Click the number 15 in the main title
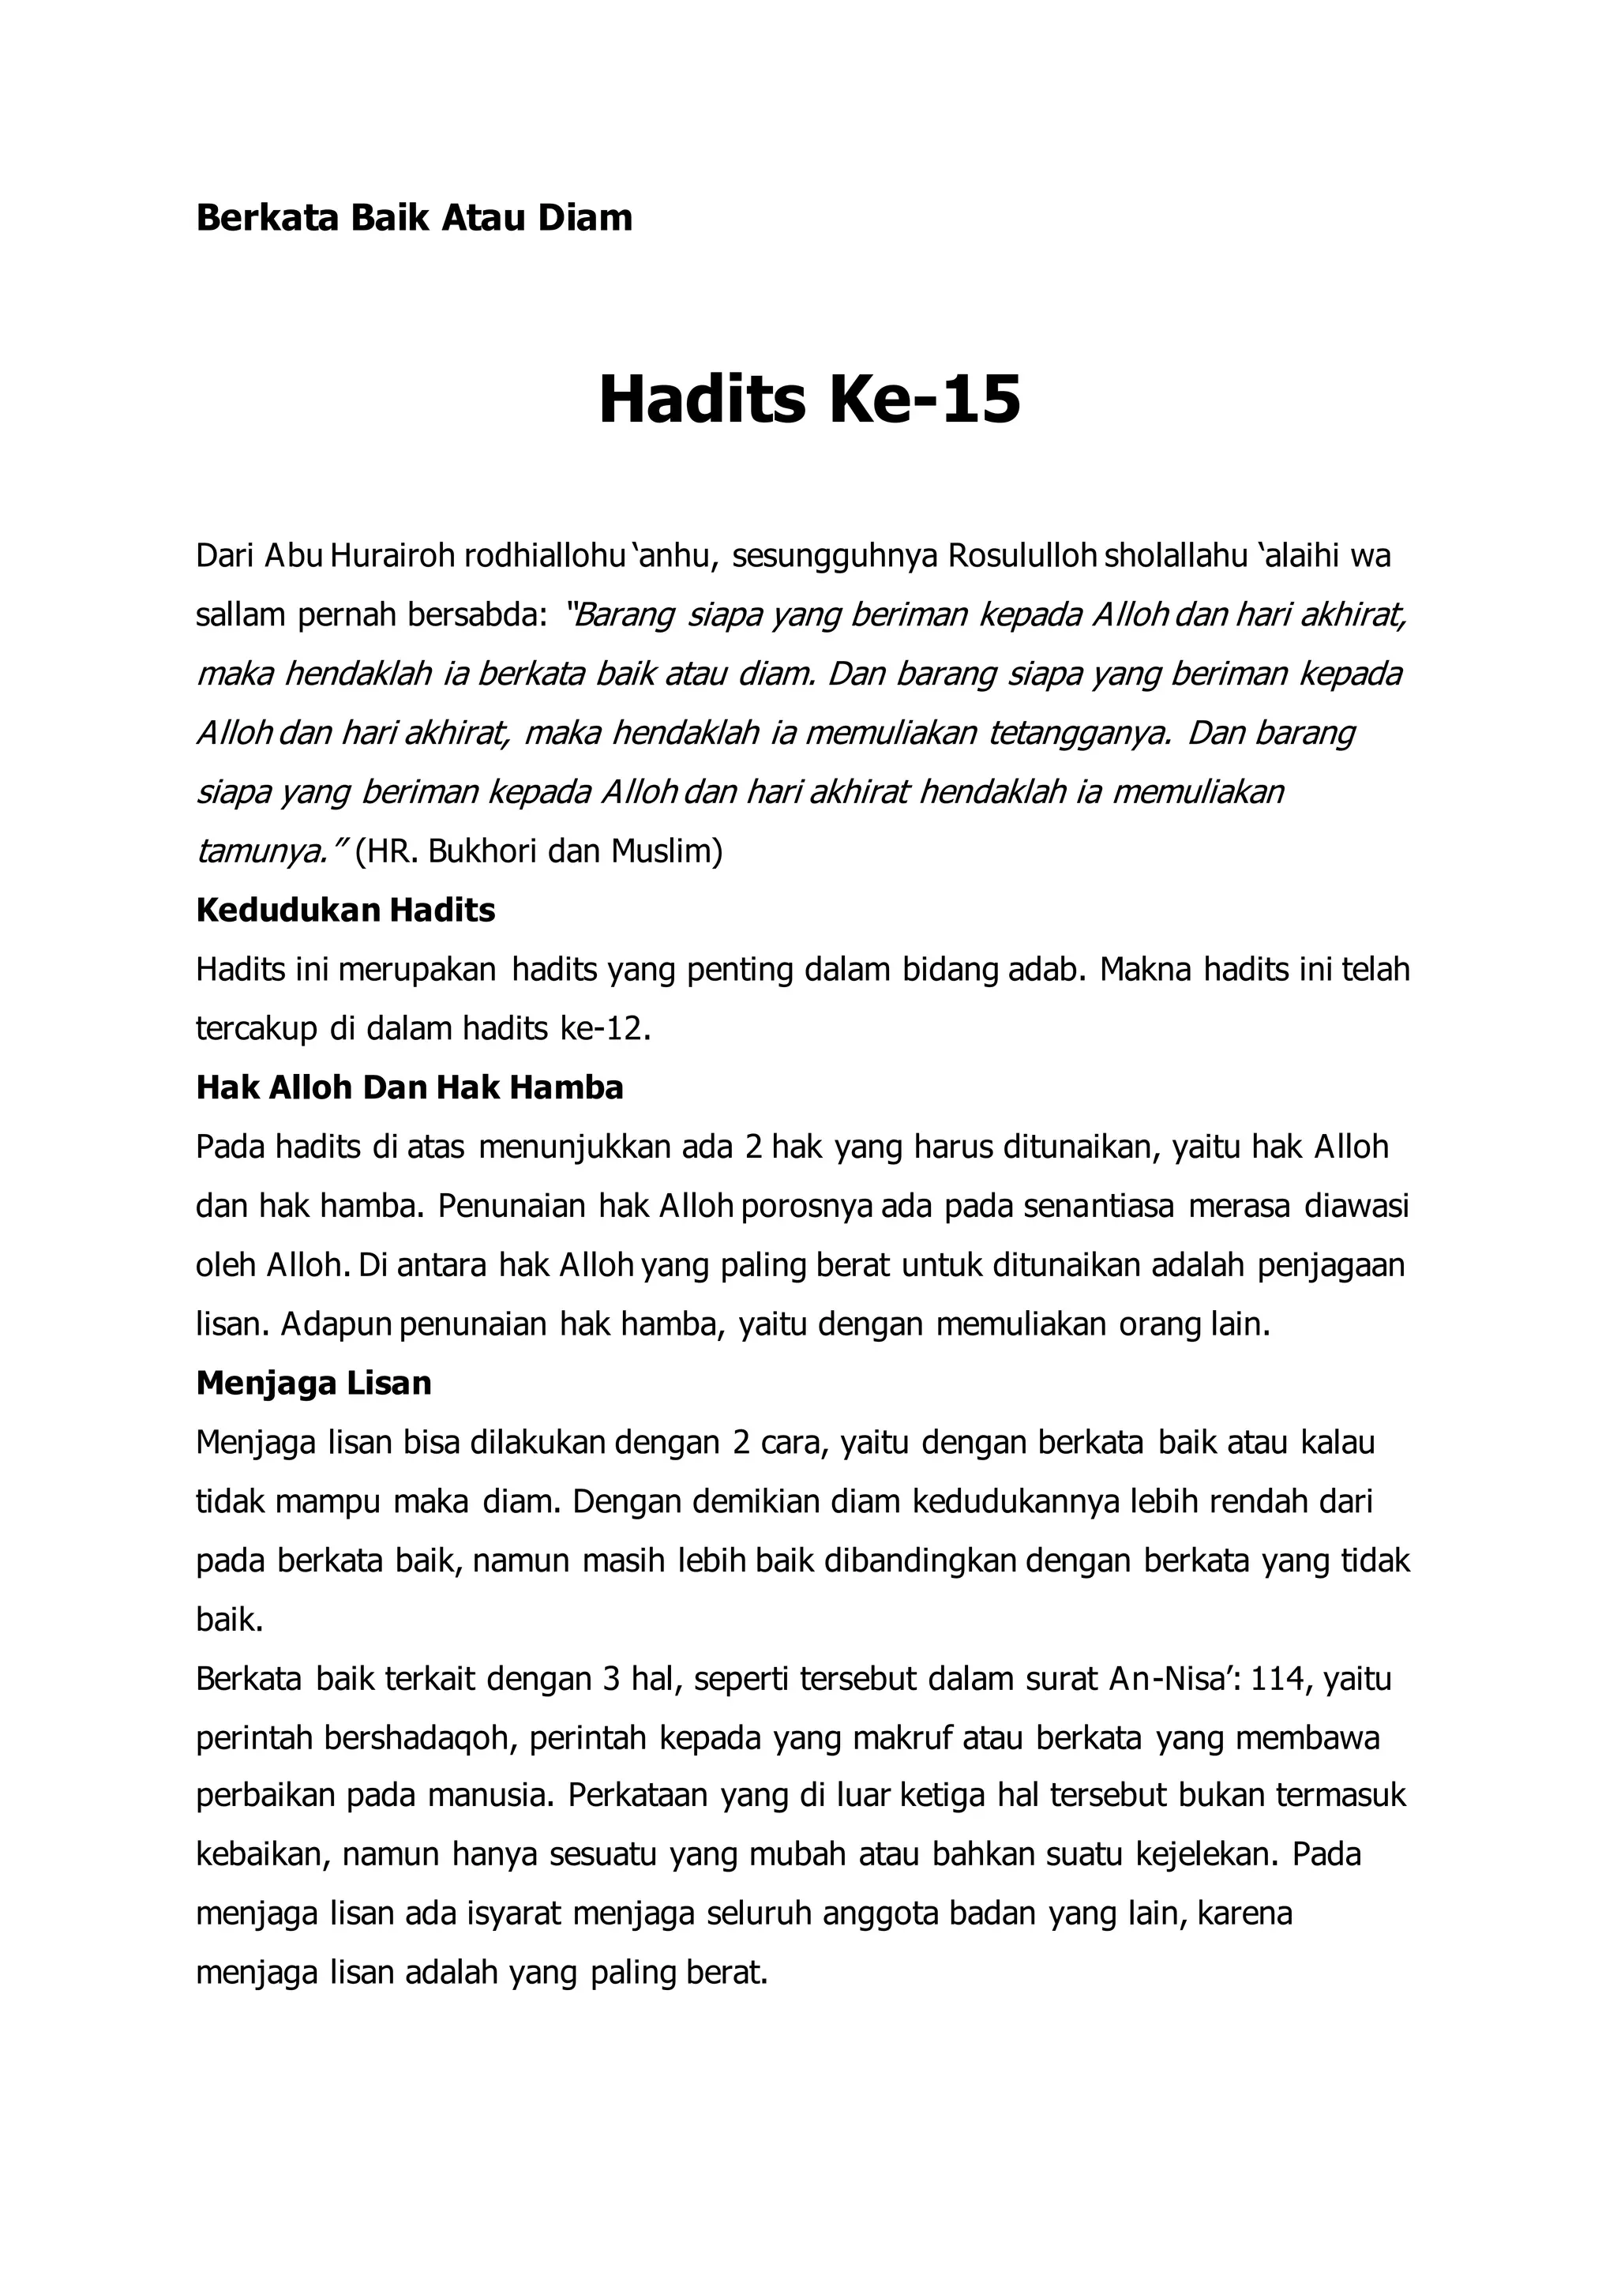point(981,400)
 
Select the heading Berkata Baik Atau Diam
point(415,217)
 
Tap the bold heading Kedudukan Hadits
point(346,911)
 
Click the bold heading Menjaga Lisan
point(313,1383)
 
